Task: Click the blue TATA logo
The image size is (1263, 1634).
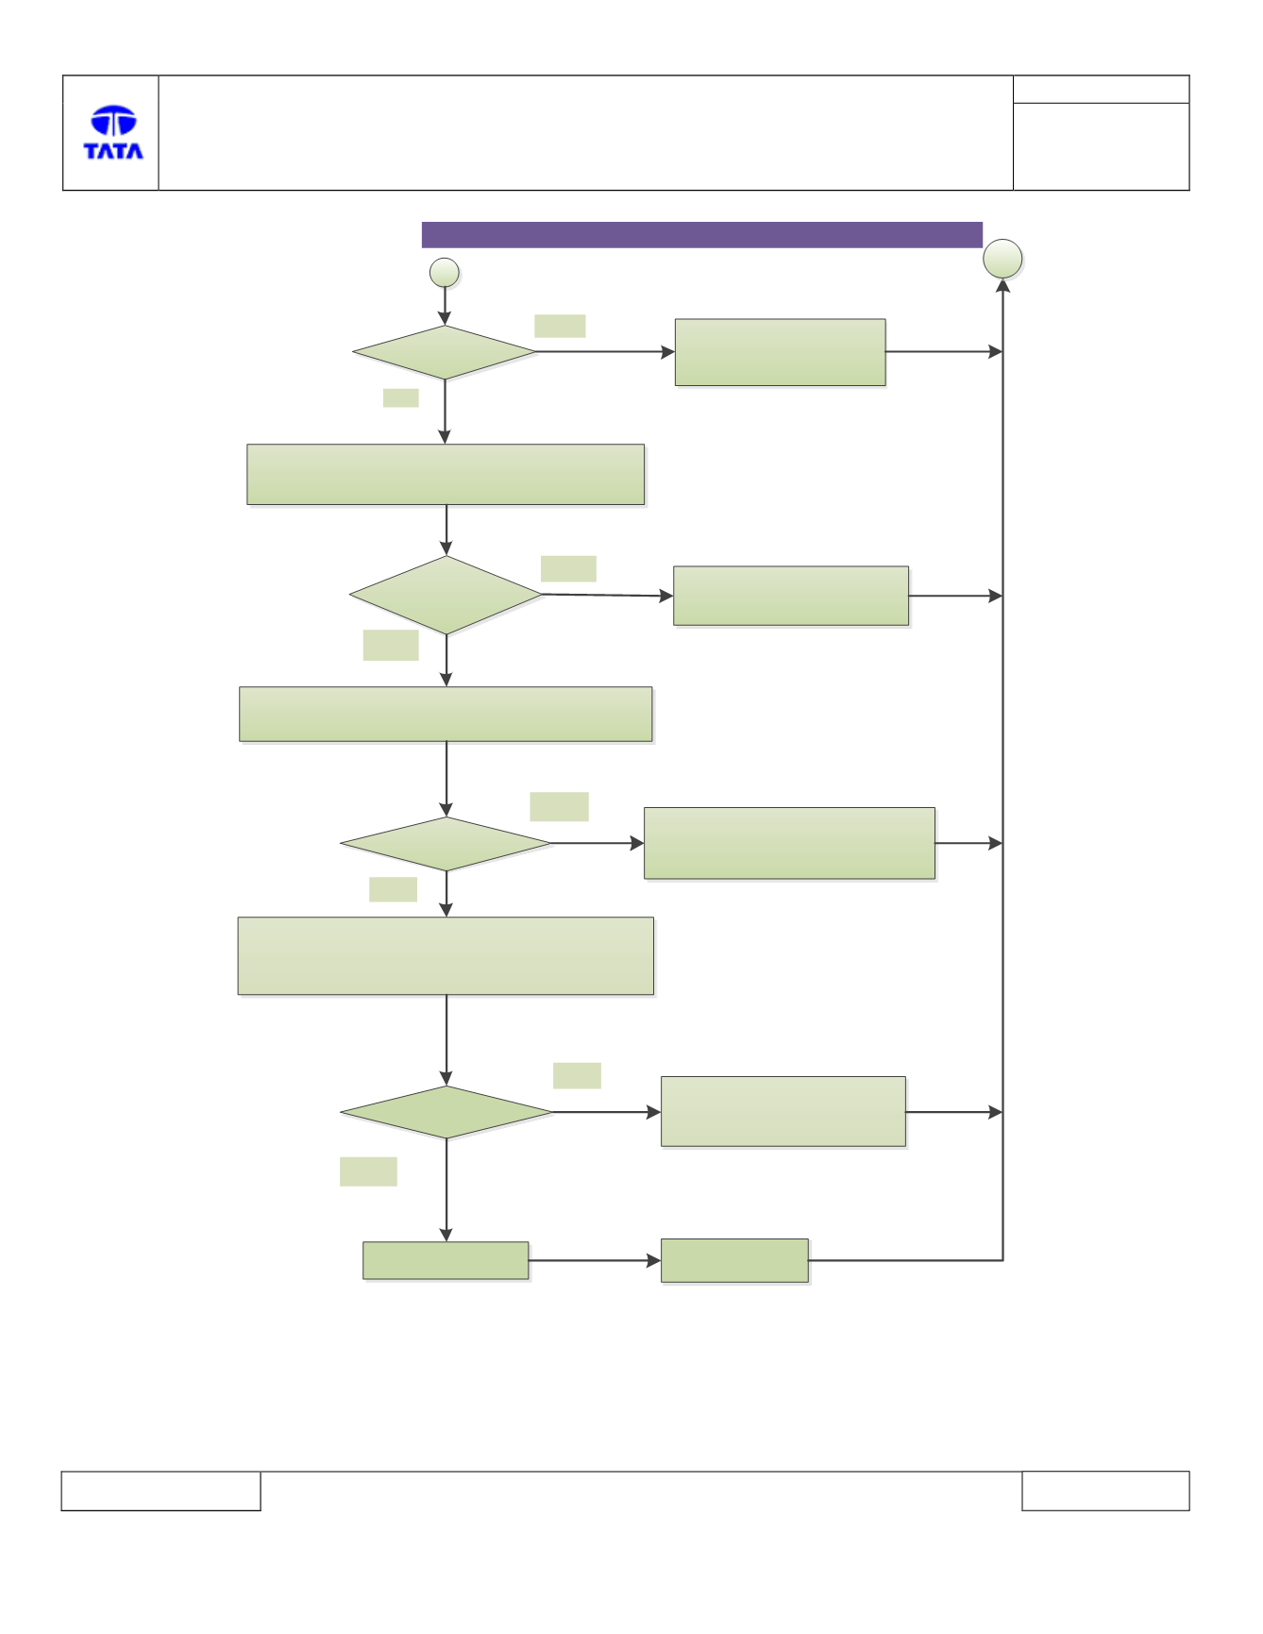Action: point(113,132)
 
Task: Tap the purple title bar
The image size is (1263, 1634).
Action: point(701,235)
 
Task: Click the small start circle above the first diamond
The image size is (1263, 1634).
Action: point(445,273)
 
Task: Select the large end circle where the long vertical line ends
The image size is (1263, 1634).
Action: point(1002,259)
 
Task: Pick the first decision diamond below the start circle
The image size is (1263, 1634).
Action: point(445,353)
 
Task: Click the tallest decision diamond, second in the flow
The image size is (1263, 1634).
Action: point(446,595)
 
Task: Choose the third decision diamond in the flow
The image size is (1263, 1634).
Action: point(446,844)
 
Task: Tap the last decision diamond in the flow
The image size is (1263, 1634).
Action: point(446,1112)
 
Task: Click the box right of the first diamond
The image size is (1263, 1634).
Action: point(780,352)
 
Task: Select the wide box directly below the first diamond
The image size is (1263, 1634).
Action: point(446,475)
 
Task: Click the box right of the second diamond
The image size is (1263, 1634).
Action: point(791,596)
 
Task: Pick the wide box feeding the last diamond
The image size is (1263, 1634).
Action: point(446,956)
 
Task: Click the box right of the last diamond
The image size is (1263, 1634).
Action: point(783,1112)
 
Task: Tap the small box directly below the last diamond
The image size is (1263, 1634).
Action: point(446,1261)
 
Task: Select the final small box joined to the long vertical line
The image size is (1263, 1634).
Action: point(734,1261)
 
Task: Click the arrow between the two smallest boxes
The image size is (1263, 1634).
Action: point(595,1261)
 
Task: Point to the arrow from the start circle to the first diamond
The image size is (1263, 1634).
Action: point(445,307)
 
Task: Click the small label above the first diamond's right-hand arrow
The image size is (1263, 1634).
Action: point(560,326)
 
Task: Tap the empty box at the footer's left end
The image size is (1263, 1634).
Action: point(160,1491)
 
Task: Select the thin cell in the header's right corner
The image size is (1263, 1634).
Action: point(1101,90)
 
